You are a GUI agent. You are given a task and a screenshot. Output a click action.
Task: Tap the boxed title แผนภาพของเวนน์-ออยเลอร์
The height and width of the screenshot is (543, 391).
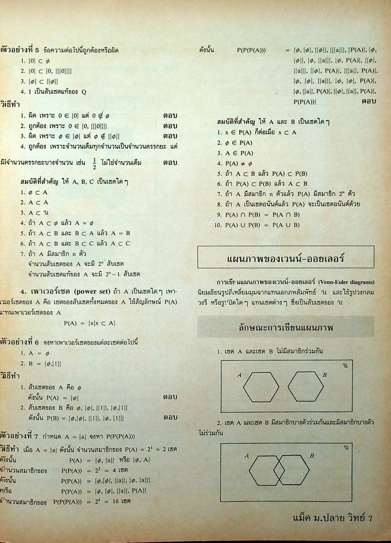tap(286, 257)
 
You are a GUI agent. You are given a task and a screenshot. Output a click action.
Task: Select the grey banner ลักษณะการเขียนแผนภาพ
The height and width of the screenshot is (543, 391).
tap(285, 327)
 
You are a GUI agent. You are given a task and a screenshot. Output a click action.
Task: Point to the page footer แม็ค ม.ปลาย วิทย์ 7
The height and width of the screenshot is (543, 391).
tap(332, 518)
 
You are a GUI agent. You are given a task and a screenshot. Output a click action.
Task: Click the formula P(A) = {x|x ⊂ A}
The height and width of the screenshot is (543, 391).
tap(90, 323)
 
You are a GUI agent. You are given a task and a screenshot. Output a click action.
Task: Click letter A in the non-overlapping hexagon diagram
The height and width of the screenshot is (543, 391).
tap(239, 375)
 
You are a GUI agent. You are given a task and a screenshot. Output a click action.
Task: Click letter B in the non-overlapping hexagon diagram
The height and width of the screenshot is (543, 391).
tap(324, 375)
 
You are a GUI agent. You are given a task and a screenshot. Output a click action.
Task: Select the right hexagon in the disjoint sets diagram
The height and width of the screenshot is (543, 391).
tap(305, 386)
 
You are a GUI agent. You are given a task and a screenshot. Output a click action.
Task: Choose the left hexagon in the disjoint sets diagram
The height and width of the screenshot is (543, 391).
tap(261, 386)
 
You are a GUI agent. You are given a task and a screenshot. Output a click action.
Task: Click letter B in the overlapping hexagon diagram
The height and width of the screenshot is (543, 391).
tap(311, 456)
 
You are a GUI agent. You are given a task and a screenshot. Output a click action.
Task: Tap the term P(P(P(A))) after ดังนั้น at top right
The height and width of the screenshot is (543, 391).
tap(251, 50)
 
